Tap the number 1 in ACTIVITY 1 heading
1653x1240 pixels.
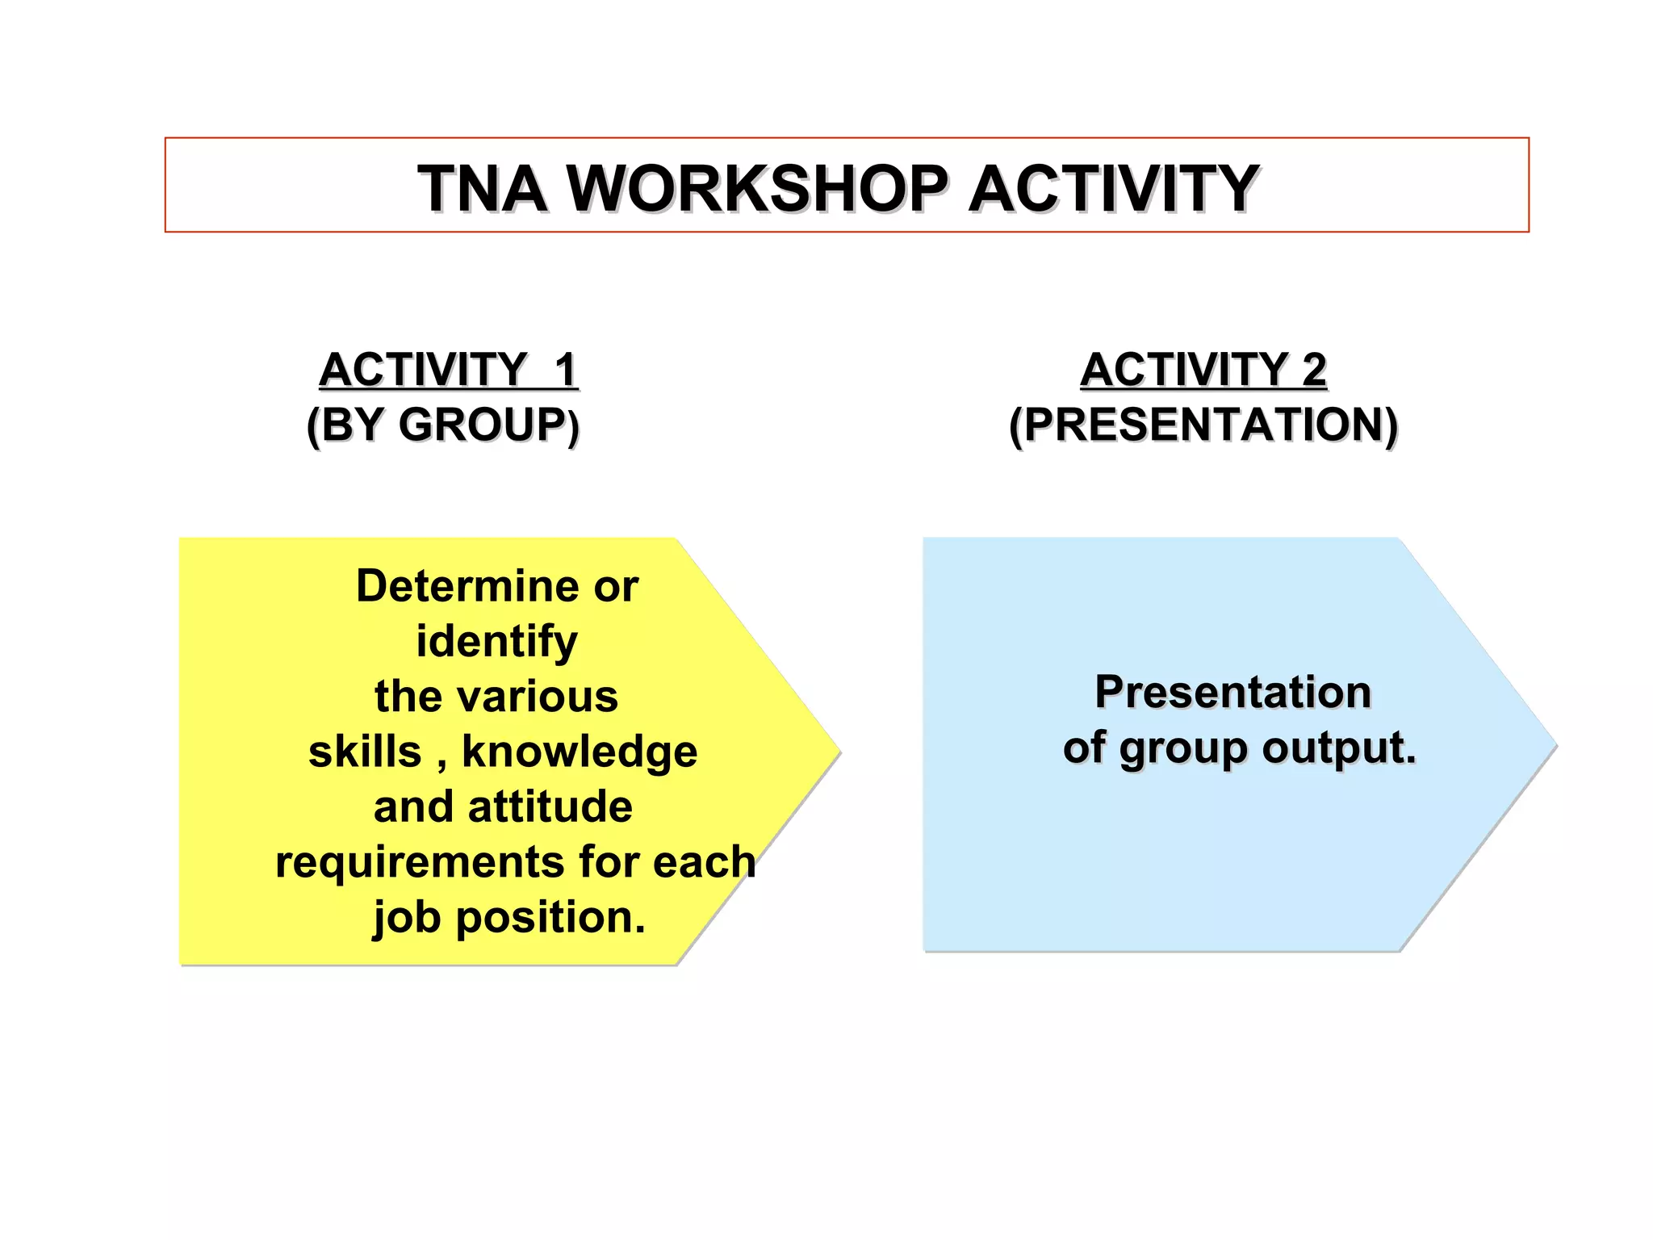click(x=565, y=370)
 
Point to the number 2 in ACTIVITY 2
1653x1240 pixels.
click(x=1314, y=370)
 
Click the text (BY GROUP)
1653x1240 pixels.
click(x=443, y=425)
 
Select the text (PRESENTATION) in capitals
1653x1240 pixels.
click(x=1203, y=425)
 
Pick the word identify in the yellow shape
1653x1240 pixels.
click(x=496, y=643)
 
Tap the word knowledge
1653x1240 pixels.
click(x=579, y=752)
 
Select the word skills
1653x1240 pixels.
click(x=365, y=752)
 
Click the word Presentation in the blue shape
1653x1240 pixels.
click(x=1232, y=693)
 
